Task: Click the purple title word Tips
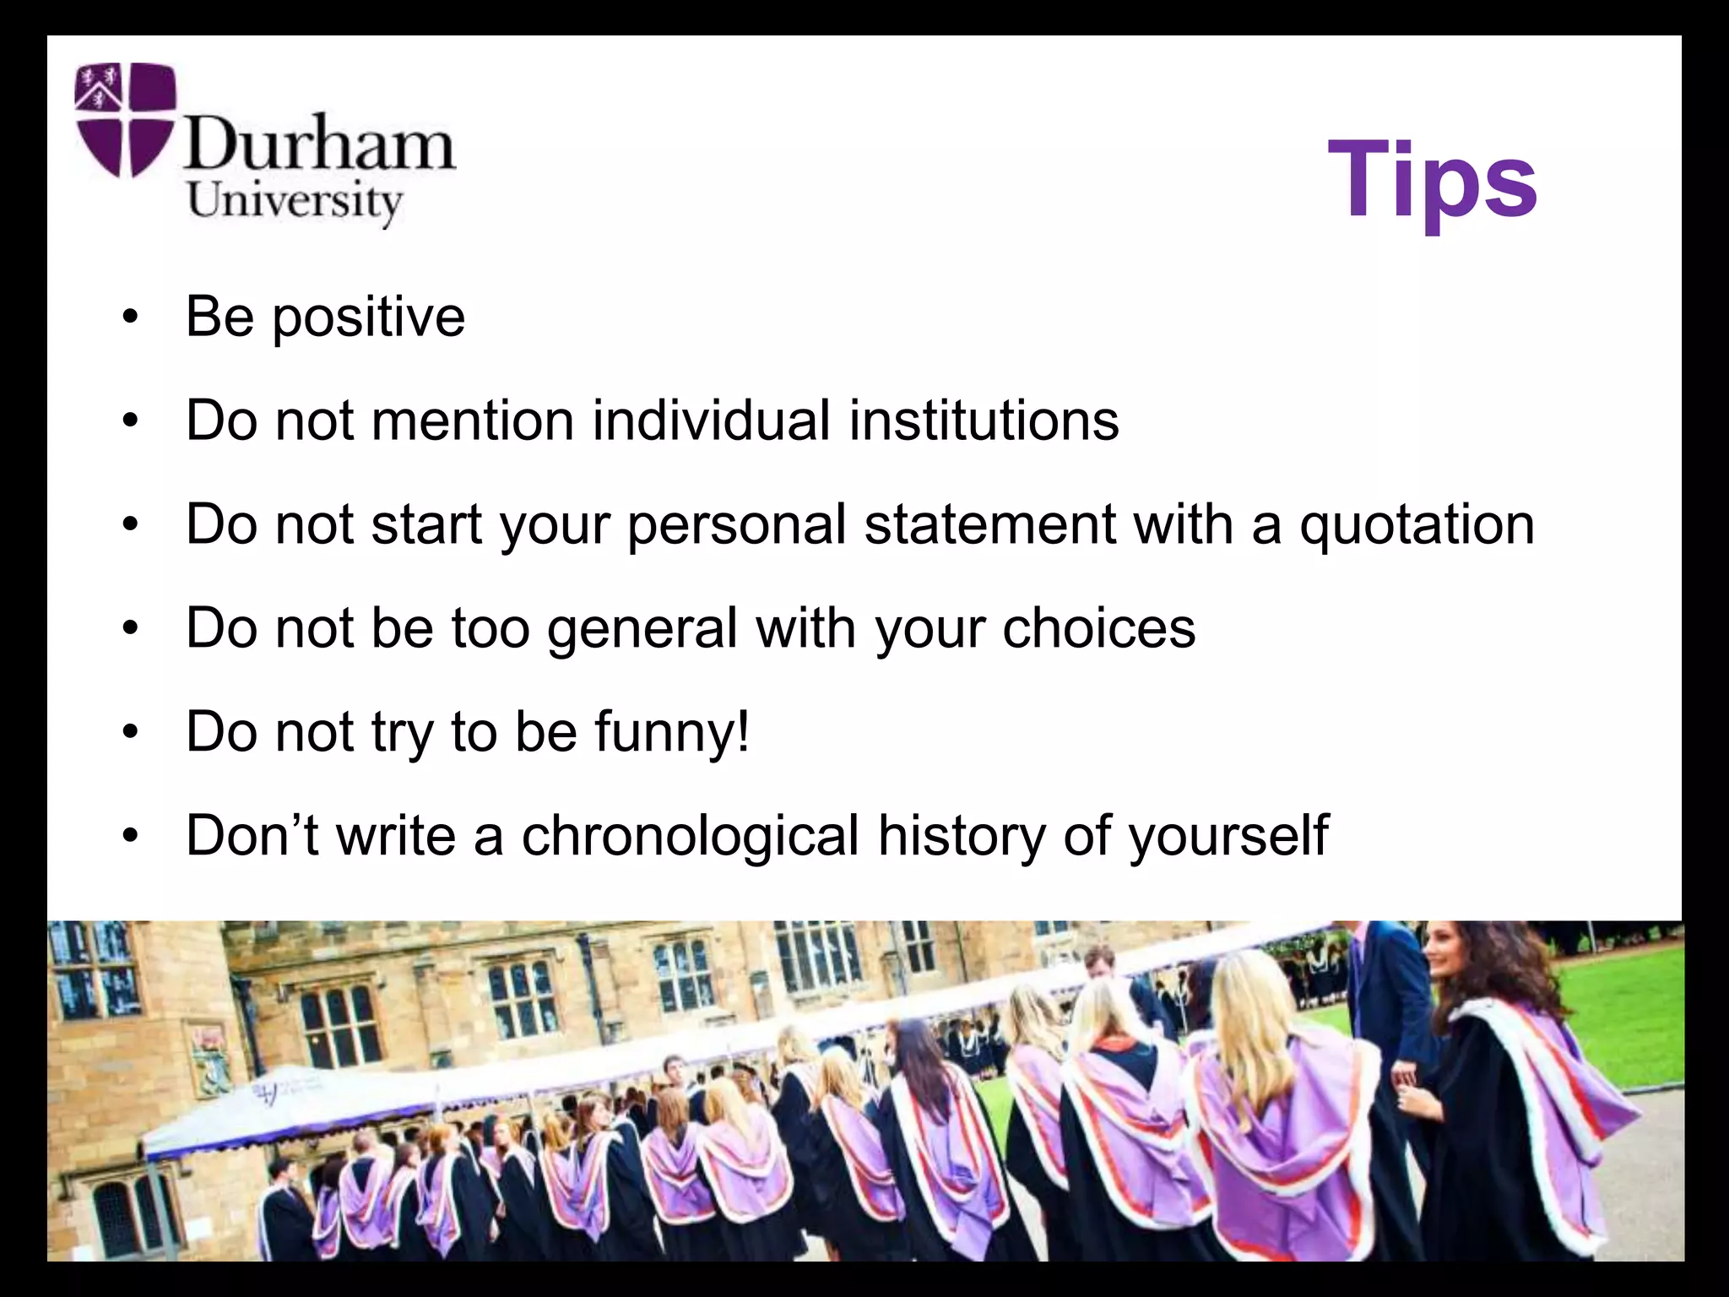[1432, 181]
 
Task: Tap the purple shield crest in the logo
[125, 119]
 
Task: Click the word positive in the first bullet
[368, 318]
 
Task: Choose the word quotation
[1417, 525]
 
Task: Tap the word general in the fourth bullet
[642, 629]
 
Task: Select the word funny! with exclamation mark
[671, 731]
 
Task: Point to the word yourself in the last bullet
[1228, 836]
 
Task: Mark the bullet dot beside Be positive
[129, 318]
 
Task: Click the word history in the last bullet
[961, 836]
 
